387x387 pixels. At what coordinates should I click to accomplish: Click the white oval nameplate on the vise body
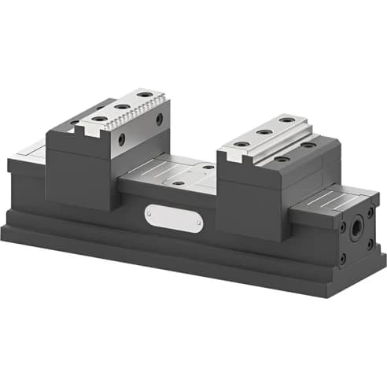click(x=173, y=217)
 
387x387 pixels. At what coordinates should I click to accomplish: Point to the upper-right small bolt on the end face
click(x=370, y=212)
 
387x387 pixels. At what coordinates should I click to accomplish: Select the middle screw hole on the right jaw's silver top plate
click(x=264, y=133)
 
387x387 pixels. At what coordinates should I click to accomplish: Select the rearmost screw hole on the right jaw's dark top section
click(x=308, y=145)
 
